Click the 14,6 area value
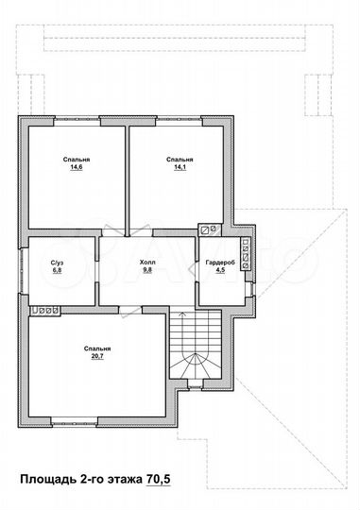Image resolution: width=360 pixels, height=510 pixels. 77,167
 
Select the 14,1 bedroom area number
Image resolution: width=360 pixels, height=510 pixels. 180,167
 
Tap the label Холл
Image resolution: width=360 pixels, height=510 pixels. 147,263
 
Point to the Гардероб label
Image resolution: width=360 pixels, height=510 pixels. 220,263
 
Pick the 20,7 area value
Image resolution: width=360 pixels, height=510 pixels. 97,356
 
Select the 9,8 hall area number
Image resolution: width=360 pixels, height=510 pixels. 147,269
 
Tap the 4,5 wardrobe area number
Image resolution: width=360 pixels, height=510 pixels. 220,269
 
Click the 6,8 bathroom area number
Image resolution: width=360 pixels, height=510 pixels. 57,269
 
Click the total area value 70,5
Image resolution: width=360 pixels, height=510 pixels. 159,479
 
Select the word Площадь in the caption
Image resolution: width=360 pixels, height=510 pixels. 48,480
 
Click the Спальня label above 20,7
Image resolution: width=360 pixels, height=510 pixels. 97,348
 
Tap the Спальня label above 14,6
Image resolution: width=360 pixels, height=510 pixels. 77,160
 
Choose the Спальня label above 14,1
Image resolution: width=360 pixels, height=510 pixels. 180,160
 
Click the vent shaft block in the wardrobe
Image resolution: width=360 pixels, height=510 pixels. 246,254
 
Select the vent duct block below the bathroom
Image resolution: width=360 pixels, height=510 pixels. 45,311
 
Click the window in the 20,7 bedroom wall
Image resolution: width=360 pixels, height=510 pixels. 75,422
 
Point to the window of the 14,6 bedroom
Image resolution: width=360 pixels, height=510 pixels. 77,121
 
